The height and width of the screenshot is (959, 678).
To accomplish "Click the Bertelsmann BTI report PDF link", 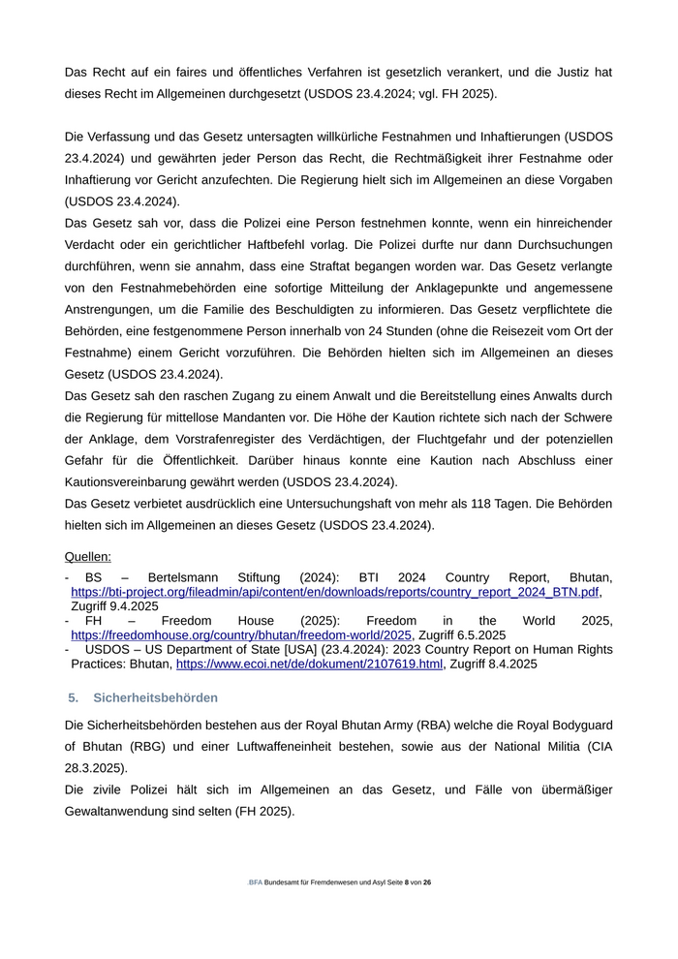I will click(335, 591).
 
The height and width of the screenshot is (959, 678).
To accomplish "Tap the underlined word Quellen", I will click(87, 556).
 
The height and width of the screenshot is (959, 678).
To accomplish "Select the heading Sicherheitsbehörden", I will click(155, 697).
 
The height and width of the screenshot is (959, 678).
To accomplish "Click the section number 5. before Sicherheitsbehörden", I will click(74, 697).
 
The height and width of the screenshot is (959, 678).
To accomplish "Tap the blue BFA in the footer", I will click(256, 883).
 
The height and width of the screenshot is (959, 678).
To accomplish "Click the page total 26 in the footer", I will click(427, 883).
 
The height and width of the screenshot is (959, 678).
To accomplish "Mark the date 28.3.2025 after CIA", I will click(96, 767).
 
